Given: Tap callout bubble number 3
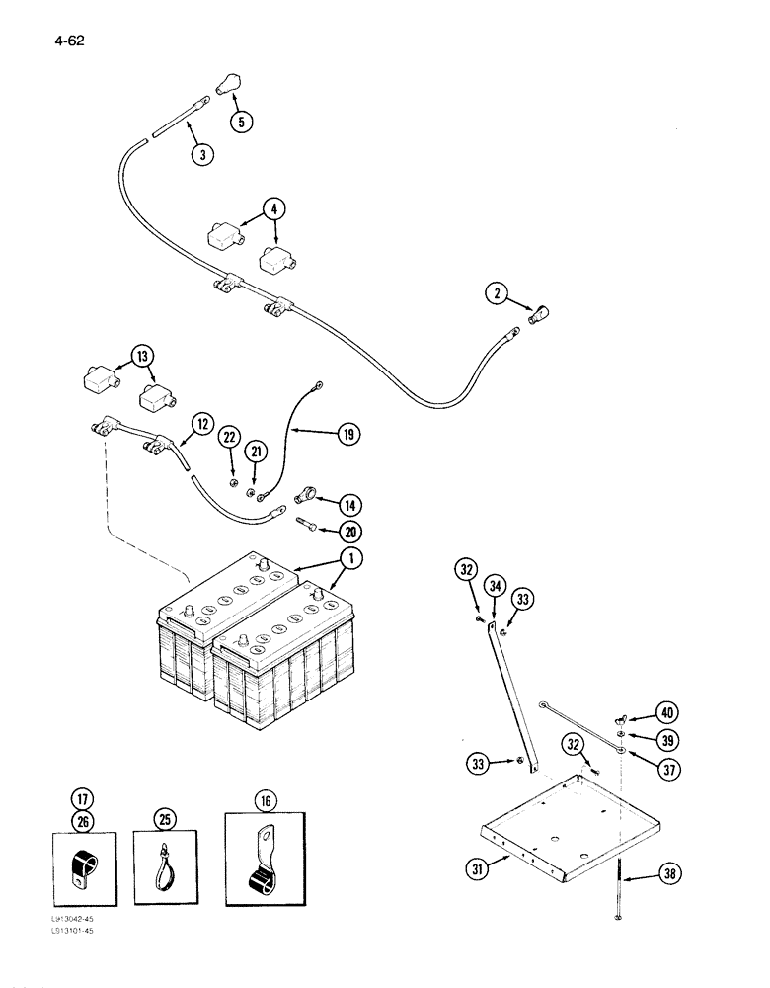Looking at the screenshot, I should [x=202, y=153].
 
